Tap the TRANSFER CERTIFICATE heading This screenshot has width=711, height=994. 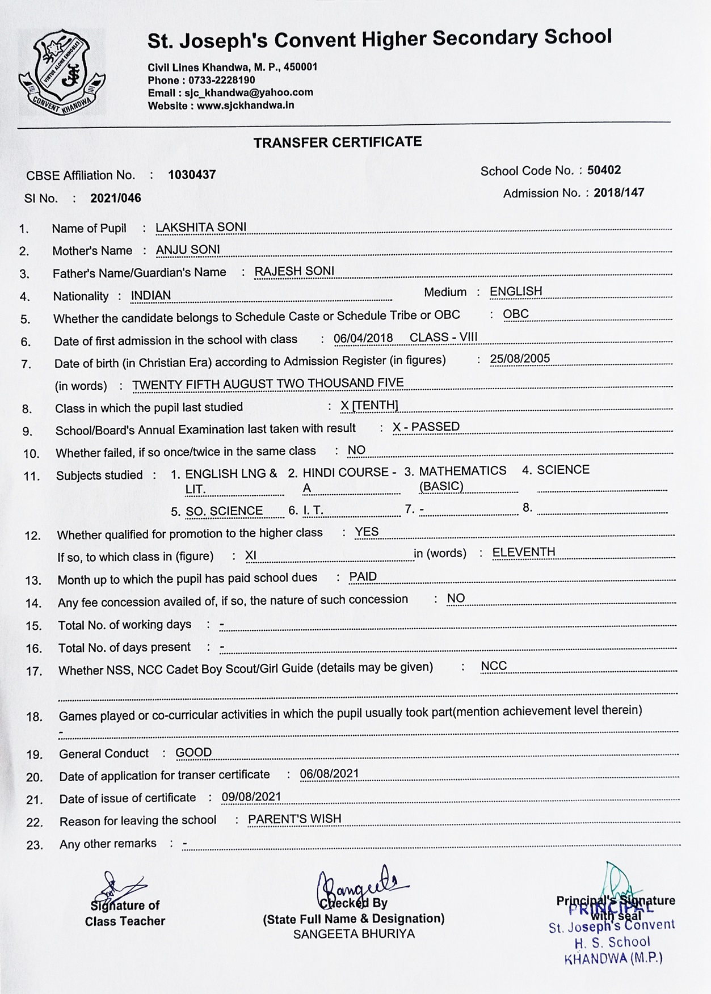point(338,142)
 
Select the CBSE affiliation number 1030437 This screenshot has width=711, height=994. point(192,175)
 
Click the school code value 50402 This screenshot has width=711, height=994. point(604,170)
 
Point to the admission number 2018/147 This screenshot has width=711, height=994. point(619,193)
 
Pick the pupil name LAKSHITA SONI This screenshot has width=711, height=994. point(201,228)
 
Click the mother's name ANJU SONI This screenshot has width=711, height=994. point(188,250)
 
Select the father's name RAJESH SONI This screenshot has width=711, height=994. point(294,271)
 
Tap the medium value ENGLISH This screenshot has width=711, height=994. point(516,292)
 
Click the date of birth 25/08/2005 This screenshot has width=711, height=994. point(520,359)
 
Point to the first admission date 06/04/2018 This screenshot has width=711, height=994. point(363,339)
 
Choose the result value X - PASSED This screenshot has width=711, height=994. point(426,427)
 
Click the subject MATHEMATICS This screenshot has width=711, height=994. point(462,471)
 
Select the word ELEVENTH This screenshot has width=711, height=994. point(523,553)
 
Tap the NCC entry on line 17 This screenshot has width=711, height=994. point(493,666)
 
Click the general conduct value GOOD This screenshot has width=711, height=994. point(193,753)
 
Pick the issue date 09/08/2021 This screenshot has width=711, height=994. point(251,797)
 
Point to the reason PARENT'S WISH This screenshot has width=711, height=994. point(295,819)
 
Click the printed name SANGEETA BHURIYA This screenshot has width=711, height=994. point(354,934)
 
